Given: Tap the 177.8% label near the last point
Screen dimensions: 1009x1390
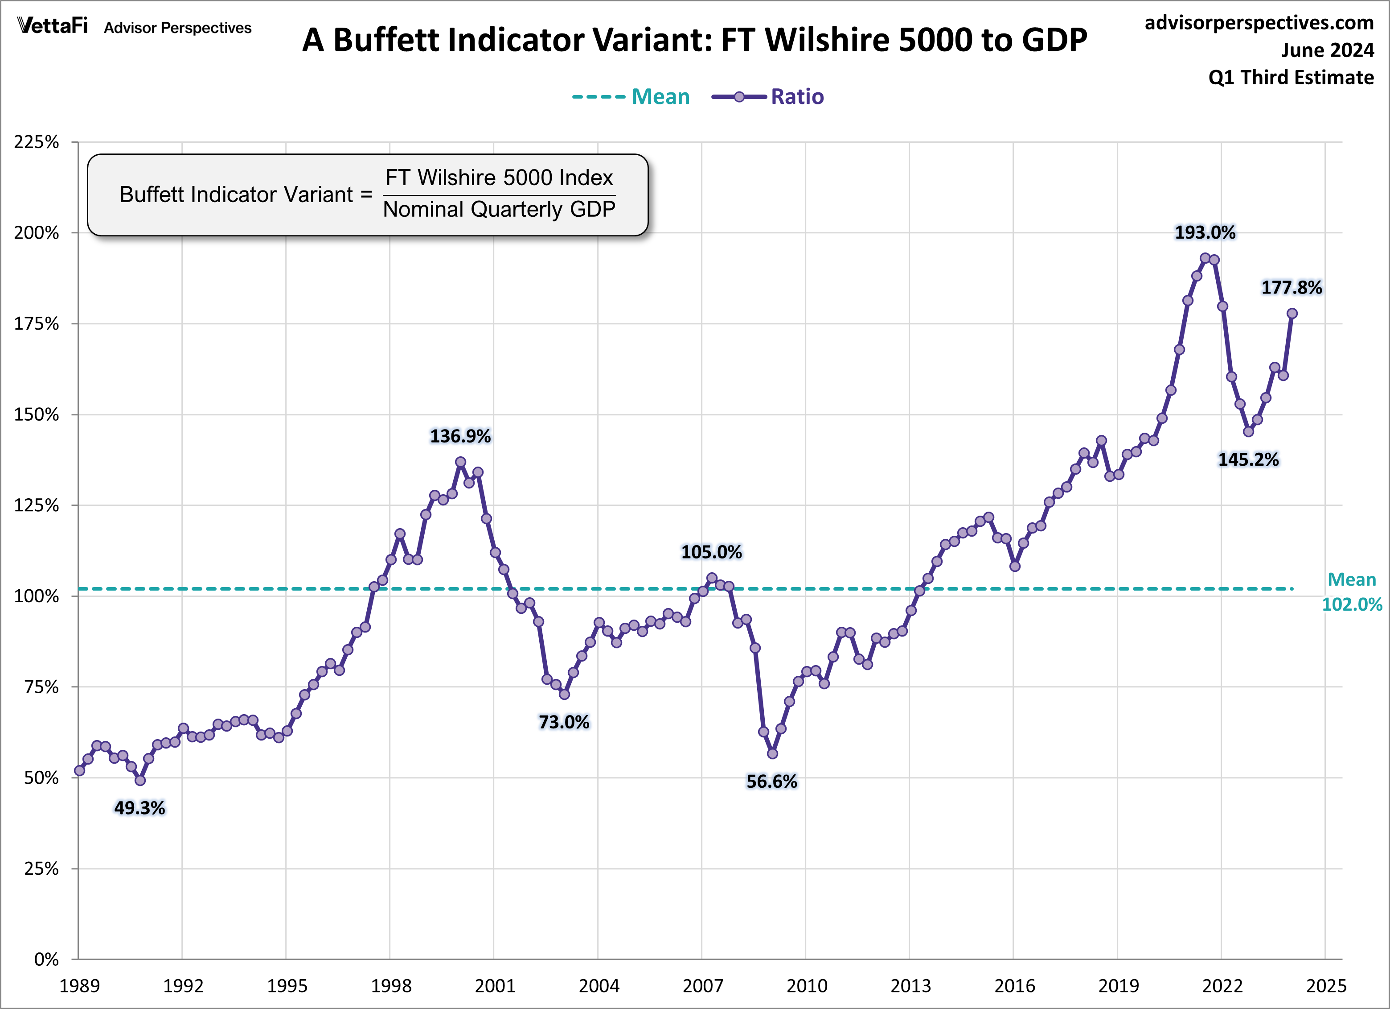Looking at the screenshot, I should tap(1292, 287).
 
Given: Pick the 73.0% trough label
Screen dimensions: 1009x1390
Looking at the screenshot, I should tap(563, 722).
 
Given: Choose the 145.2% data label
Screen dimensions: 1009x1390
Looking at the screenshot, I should tap(1248, 459).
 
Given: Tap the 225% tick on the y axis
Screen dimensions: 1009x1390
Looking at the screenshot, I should tap(37, 142).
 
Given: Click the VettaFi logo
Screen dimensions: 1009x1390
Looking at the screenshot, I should tap(53, 26).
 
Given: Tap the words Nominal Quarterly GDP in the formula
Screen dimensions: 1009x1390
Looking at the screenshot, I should tap(499, 210).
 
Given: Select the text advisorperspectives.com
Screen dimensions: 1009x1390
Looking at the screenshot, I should tap(1259, 23).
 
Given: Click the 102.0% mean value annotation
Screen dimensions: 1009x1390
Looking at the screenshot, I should tap(1351, 604).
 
